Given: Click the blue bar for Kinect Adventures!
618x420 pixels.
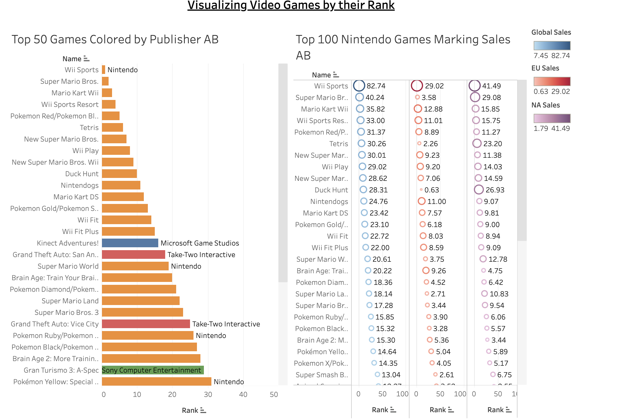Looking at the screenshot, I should (x=130, y=243).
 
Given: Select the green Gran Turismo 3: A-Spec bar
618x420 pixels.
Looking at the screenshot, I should (x=153, y=370).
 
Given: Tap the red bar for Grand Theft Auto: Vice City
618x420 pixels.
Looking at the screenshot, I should (x=146, y=324).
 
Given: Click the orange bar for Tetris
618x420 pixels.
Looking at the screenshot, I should (x=112, y=127).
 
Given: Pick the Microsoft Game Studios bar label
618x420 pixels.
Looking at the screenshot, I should (x=200, y=243).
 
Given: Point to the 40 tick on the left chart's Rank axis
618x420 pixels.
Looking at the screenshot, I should (x=243, y=394).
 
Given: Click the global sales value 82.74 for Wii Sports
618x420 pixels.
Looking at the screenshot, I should (x=376, y=86).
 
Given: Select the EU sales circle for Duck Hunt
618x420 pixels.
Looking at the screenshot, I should (x=421, y=190).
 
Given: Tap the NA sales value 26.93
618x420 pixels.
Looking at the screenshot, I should (x=495, y=190).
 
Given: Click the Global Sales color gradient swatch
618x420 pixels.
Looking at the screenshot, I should (x=552, y=46).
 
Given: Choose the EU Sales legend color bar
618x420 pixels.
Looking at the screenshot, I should (x=552, y=81).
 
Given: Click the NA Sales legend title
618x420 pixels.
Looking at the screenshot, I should (x=546, y=105).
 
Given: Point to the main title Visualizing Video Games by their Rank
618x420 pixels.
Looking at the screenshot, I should (x=291, y=5).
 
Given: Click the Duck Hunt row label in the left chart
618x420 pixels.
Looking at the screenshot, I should (x=82, y=174).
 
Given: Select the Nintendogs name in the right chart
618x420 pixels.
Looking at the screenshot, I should (x=329, y=201).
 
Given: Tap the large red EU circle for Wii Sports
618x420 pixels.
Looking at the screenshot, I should (x=417, y=86).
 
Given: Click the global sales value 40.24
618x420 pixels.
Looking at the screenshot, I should (x=375, y=97).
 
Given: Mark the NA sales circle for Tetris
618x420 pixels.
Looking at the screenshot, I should (x=477, y=143).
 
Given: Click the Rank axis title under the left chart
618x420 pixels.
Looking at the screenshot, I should (x=190, y=410).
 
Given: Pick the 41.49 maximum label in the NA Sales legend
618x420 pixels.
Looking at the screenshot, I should (x=561, y=129).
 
